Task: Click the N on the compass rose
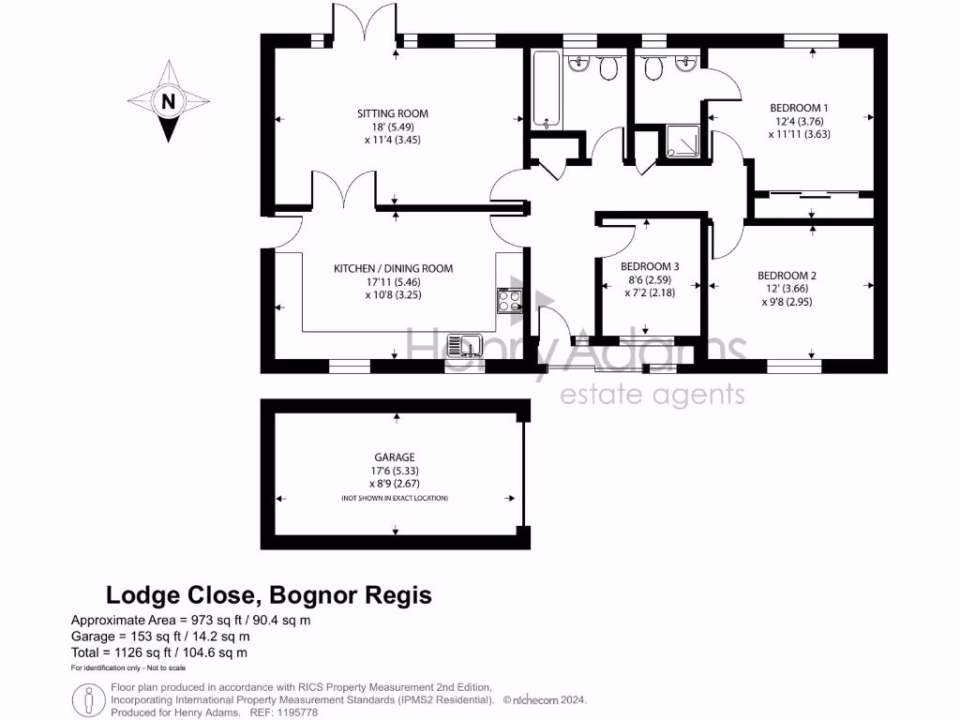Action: click(x=168, y=102)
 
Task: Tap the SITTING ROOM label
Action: click(x=393, y=113)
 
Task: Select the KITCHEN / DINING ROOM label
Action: click(x=393, y=268)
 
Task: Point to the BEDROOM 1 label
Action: click(x=799, y=108)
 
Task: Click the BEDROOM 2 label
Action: click(x=787, y=276)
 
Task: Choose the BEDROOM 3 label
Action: click(x=651, y=266)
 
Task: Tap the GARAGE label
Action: click(x=393, y=457)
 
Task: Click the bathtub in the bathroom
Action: click(x=547, y=89)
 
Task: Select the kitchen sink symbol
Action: click(x=464, y=346)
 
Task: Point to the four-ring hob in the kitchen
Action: click(x=509, y=300)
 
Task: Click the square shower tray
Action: click(x=682, y=142)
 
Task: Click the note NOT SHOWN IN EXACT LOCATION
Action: click(x=394, y=498)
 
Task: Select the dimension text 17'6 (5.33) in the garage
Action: click(x=393, y=471)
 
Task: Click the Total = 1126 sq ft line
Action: click(x=159, y=652)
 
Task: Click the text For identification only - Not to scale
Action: click(x=128, y=668)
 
